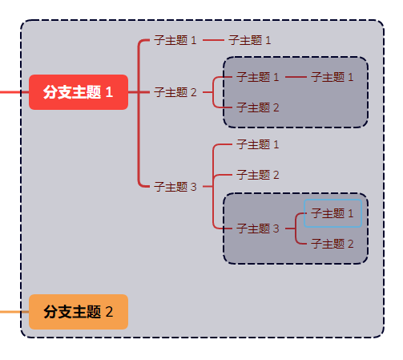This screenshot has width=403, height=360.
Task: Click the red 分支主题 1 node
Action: [79, 92]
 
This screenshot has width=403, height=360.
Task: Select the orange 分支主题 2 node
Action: [79, 311]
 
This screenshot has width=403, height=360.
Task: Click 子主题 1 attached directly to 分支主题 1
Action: [175, 40]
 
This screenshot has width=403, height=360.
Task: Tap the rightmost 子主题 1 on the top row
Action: [250, 40]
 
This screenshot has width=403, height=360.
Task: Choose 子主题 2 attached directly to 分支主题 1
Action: [175, 92]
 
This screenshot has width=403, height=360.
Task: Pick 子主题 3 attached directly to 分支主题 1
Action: [175, 187]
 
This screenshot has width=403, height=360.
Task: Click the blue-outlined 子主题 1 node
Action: [332, 213]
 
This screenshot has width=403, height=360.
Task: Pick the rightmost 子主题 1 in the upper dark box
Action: [332, 77]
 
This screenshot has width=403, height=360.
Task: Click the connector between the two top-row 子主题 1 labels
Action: [213, 40]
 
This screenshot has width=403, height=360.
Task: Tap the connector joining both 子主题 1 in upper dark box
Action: [296, 77]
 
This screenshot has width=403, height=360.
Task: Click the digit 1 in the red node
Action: [109, 92]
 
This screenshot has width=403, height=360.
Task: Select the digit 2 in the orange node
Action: [109, 311]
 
